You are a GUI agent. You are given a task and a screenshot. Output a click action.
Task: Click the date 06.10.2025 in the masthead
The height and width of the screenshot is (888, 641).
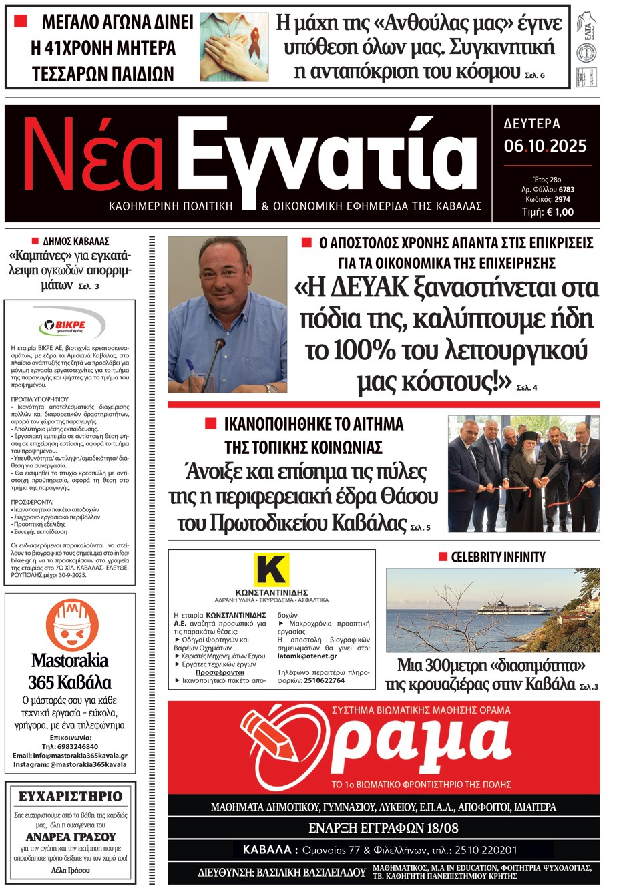tap(545, 146)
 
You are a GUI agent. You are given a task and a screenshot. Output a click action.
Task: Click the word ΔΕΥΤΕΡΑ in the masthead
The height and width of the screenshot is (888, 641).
tap(532, 124)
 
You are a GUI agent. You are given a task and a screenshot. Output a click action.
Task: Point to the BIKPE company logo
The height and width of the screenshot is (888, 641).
tap(70, 326)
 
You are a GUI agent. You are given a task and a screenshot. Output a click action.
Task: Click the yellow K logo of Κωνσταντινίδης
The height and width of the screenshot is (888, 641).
tap(272, 570)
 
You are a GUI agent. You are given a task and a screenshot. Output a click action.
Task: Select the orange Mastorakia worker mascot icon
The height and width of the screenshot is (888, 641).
tap(71, 625)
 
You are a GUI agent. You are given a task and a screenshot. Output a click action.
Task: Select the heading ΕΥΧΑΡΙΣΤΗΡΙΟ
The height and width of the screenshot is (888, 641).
tap(71, 796)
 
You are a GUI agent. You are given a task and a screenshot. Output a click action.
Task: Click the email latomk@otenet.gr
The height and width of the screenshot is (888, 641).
tap(307, 656)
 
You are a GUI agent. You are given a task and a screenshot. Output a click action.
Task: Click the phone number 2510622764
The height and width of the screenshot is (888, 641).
tap(324, 681)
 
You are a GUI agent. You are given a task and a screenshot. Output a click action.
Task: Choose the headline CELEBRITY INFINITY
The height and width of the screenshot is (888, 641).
tap(498, 557)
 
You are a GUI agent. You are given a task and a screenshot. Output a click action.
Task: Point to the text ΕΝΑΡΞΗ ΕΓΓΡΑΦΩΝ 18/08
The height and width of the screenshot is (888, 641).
tap(383, 828)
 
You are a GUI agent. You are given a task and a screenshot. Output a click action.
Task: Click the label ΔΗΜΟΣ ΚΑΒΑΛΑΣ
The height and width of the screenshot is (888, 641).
tap(75, 241)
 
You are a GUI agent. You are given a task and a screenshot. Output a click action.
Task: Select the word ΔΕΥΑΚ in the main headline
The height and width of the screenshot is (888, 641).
tap(369, 288)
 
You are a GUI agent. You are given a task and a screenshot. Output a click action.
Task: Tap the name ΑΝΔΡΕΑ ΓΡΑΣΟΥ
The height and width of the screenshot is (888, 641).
tap(71, 837)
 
